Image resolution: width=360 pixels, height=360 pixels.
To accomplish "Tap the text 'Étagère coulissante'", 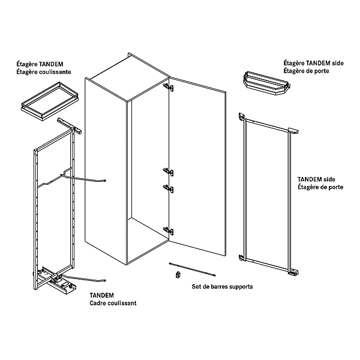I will tap(43, 71).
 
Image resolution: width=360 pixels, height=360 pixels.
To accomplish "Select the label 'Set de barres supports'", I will tap(222, 287).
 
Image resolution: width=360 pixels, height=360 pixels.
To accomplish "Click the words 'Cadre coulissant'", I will tap(113, 303).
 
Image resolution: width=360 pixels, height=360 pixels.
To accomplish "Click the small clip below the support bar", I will tap(177, 275).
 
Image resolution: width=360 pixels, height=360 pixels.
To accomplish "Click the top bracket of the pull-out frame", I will tap(68, 126).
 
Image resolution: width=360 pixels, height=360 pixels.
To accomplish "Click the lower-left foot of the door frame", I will tap(243, 259).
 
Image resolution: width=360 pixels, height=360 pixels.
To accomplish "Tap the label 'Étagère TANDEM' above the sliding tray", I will tap(40, 64).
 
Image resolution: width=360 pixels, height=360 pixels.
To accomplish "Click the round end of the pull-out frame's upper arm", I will tap(105, 180).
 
